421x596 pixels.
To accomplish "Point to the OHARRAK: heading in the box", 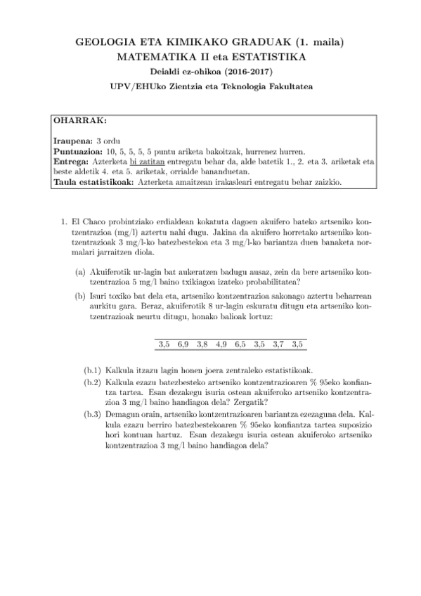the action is coord(80,120).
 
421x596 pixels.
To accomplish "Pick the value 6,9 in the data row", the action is coord(183,344).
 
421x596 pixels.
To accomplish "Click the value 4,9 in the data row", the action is coord(221,344).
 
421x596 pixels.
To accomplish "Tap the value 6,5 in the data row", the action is coord(240,344).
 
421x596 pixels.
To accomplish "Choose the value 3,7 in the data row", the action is coord(278,344).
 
